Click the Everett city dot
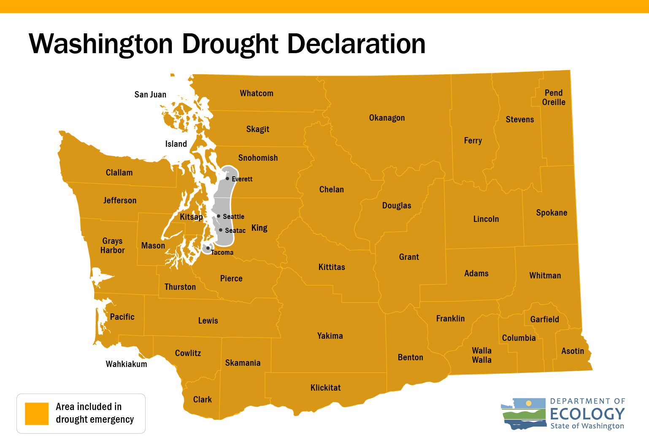point(227,178)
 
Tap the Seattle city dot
point(219,216)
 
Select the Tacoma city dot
point(208,248)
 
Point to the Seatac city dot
point(221,230)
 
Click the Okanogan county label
point(387,118)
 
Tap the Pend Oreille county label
point(553,97)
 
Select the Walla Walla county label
point(481,355)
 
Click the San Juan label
point(150,94)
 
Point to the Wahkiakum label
point(126,364)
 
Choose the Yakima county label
point(330,336)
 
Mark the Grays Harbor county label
point(112,246)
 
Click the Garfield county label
point(544,319)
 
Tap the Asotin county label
point(572,351)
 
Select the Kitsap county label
point(191,217)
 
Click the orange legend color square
point(37,413)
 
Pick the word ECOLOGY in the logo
point(587,413)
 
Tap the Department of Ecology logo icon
point(523,413)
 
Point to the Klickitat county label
point(325,388)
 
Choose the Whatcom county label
point(257,93)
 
